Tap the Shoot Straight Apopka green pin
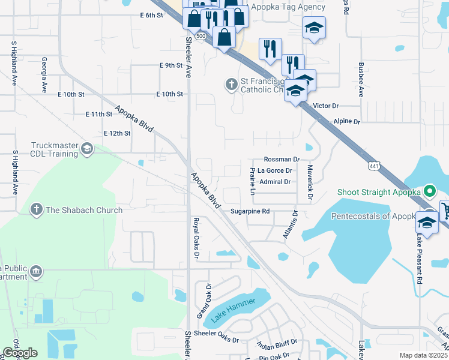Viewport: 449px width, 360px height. pyautogui.click(x=429, y=192)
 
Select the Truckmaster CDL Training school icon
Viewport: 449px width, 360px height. pyautogui.click(x=87, y=149)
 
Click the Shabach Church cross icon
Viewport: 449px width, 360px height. pyautogui.click(x=37, y=209)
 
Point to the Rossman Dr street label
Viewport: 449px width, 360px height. pyautogui.click(x=282, y=160)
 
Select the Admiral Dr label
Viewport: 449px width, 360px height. pyautogui.click(x=276, y=181)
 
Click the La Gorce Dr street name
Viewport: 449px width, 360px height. pyautogui.click(x=275, y=170)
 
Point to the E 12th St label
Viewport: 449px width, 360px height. pyautogui.click(x=117, y=133)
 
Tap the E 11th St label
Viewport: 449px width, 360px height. pyautogui.click(x=99, y=114)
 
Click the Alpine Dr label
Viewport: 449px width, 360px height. pyautogui.click(x=346, y=121)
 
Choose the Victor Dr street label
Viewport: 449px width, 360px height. pyautogui.click(x=327, y=106)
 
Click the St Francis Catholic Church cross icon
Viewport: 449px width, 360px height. pyautogui.click(x=231, y=85)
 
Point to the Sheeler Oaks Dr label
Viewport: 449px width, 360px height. pyautogui.click(x=218, y=340)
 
